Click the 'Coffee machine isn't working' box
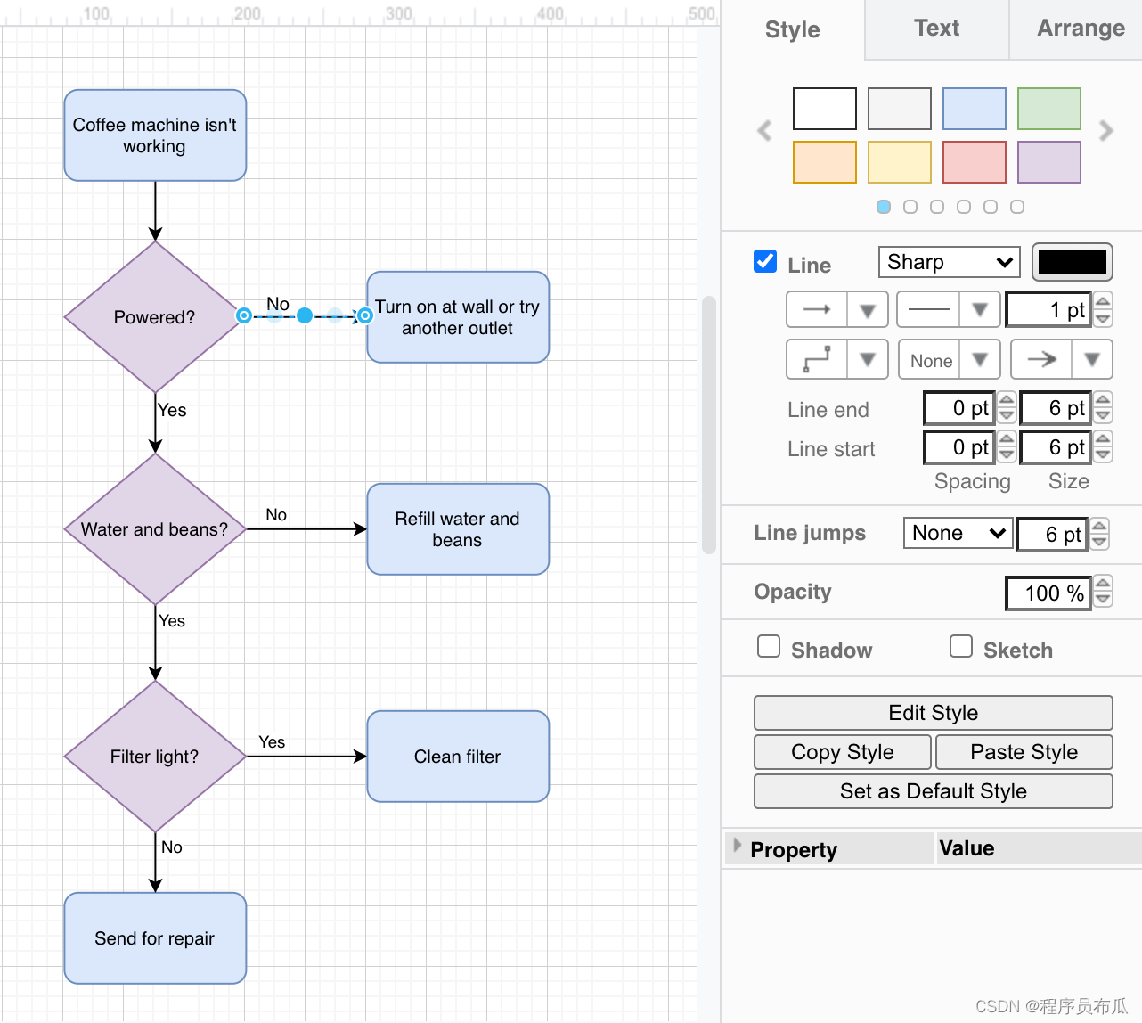pyautogui.click(x=155, y=135)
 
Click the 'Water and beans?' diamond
pyautogui.click(x=155, y=529)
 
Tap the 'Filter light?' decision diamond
pyautogui.click(x=155, y=757)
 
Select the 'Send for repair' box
pyautogui.click(x=155, y=938)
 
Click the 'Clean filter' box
pyautogui.click(x=458, y=757)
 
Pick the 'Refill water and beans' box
pyautogui.click(x=458, y=529)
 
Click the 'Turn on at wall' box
pyautogui.click(x=458, y=317)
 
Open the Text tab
pyautogui.click(x=936, y=29)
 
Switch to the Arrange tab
pyautogui.click(x=1081, y=29)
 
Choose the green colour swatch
pyautogui.click(x=1049, y=109)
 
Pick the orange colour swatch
pyautogui.click(x=825, y=162)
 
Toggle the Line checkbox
pyautogui.click(x=765, y=261)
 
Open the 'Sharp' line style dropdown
pyautogui.click(x=950, y=262)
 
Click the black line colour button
pyautogui.click(x=1073, y=262)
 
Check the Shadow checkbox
pyautogui.click(x=769, y=646)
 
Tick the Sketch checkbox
pyautogui.click(x=961, y=646)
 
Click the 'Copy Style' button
pyautogui.click(x=843, y=752)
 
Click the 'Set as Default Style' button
pyautogui.click(x=934, y=791)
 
